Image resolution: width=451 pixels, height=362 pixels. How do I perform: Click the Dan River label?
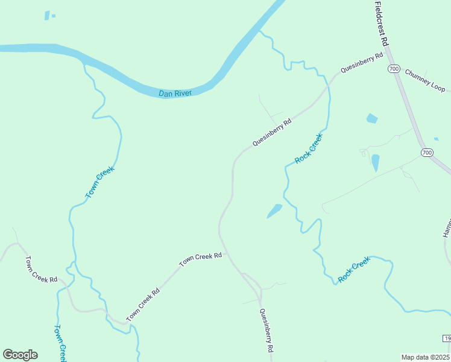[x=175, y=94]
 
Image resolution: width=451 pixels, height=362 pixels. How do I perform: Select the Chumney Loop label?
[x=424, y=80]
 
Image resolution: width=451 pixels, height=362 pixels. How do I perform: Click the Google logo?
[x=20, y=355]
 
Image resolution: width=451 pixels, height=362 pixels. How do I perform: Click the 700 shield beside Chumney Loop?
[x=394, y=69]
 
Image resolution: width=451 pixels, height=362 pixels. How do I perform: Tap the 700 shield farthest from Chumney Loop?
[x=427, y=153]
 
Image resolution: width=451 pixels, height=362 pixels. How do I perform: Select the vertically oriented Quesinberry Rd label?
[x=266, y=330]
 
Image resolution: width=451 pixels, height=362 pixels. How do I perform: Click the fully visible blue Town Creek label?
[x=100, y=182]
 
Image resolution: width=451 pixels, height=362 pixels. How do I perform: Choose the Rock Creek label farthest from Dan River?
[x=353, y=270]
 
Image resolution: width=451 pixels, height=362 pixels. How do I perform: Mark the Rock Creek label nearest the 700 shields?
[x=309, y=148]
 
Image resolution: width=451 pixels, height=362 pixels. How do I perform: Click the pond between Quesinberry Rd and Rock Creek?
[x=274, y=211]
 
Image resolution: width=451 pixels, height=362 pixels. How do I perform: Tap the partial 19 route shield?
[x=446, y=338]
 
